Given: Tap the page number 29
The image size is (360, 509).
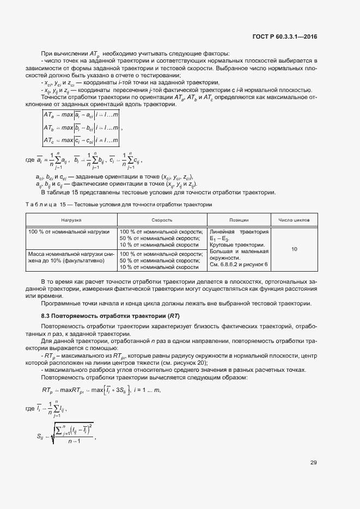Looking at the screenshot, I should click(313, 463).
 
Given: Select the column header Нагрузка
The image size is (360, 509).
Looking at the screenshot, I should click(71, 220).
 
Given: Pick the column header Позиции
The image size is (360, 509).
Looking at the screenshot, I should click(239, 220).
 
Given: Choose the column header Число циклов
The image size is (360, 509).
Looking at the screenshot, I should click(294, 220).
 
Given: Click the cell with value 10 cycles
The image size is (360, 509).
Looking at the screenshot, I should click(294, 249).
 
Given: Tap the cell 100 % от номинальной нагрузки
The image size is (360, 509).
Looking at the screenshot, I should click(68, 232).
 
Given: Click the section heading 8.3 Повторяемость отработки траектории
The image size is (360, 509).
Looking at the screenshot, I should click(111, 316).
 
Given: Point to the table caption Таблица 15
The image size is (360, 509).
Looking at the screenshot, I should click(119, 204).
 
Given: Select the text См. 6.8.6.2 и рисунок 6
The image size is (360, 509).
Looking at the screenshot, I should click(239, 265).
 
